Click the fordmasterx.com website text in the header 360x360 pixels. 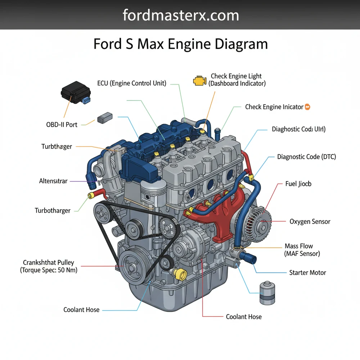click(180, 15)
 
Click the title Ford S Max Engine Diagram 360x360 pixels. click(180, 44)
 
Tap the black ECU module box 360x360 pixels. click(75, 93)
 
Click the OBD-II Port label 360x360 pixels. click(62, 125)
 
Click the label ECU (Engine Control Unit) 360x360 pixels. click(132, 84)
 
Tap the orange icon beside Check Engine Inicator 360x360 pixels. click(307, 107)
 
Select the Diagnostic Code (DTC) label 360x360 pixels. click(306, 157)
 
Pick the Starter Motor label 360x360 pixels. click(307, 273)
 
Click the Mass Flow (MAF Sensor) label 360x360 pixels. click(302, 250)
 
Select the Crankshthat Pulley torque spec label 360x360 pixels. click(49, 266)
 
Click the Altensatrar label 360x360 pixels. click(53, 181)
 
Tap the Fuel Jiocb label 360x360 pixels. click(298, 184)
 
